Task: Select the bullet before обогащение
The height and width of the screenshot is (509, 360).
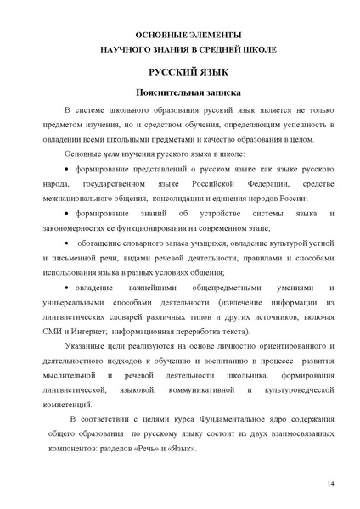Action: coord(65,243)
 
